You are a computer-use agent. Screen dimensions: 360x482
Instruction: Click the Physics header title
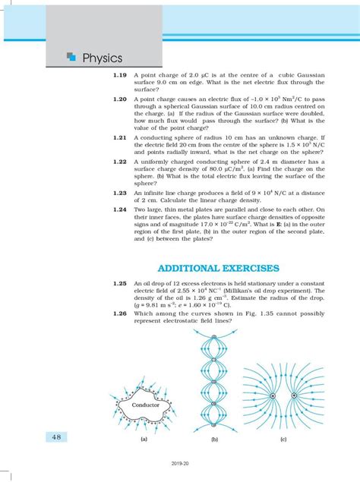coord(103,58)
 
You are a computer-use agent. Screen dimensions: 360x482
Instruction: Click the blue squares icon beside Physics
coord(71,56)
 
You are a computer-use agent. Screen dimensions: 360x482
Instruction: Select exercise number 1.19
coord(120,75)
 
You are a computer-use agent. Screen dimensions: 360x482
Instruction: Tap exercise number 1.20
coord(120,99)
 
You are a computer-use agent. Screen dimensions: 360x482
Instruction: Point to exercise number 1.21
coord(120,137)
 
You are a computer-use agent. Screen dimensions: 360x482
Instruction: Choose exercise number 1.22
coord(120,162)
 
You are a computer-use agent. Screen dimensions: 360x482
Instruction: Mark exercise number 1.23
coord(120,193)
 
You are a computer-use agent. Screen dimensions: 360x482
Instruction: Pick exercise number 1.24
coord(120,209)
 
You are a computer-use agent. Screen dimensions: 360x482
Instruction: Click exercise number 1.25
coord(120,283)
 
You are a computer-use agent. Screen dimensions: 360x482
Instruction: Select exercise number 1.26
coord(120,313)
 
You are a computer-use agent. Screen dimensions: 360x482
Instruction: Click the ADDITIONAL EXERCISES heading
coord(219,268)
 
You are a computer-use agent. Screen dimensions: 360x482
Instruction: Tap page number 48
coord(56,436)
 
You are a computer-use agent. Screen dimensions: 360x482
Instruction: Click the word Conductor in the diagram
coord(146,405)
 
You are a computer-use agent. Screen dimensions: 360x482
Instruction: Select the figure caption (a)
coord(144,439)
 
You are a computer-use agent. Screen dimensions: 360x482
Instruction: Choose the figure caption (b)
coord(214,439)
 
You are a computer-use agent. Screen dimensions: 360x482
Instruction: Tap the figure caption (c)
coord(283,439)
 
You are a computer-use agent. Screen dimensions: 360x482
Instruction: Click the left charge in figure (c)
coord(273,396)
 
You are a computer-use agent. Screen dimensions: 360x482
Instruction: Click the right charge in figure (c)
coord(294,395)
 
